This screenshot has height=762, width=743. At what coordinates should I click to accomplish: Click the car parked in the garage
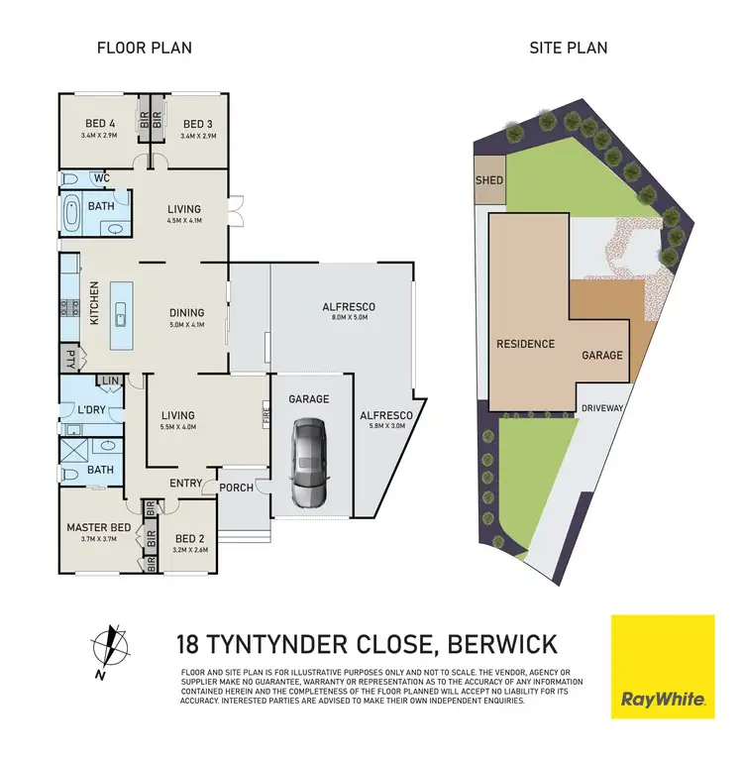coord(308,462)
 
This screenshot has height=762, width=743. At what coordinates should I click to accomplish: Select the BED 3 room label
coord(198,124)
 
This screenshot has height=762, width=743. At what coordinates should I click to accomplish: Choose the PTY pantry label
coord(70,361)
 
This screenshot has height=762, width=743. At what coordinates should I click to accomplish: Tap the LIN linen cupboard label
coord(109,381)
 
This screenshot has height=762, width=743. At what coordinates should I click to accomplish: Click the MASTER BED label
coord(98,527)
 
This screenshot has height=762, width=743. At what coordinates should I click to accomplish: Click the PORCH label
coord(235,487)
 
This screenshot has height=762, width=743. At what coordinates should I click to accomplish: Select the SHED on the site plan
coord(489,180)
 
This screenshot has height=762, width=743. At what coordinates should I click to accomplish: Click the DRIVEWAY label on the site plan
coord(600,407)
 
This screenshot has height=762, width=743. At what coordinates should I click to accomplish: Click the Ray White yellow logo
coord(663,665)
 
